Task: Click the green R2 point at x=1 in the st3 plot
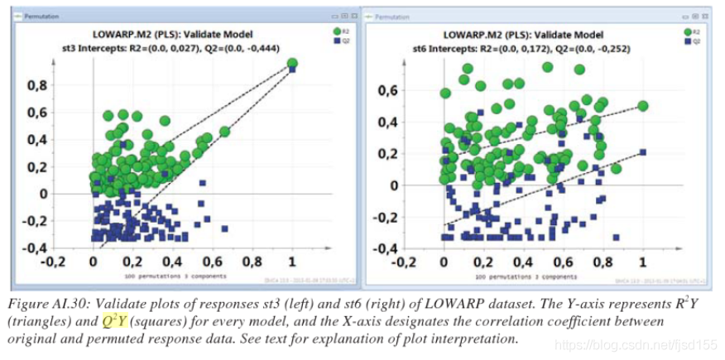[292, 63]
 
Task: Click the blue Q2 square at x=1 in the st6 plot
[642, 151]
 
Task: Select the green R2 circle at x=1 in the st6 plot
[642, 106]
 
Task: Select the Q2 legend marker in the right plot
[688, 41]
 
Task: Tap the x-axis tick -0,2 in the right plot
[405, 262]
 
